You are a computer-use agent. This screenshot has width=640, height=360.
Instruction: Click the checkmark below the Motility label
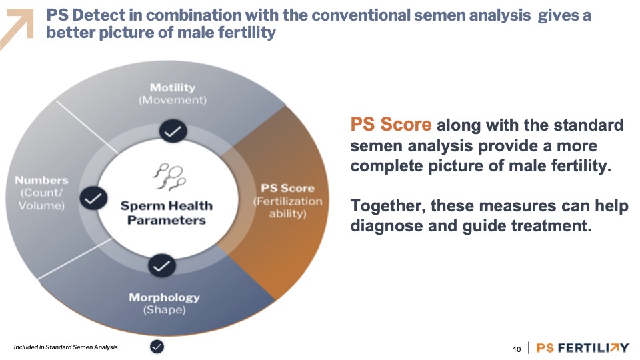[173, 131]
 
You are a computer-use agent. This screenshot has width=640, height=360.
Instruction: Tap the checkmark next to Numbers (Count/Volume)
[93, 199]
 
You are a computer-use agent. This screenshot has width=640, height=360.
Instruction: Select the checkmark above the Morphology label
[162, 266]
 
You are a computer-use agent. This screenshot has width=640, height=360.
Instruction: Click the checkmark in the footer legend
[157, 347]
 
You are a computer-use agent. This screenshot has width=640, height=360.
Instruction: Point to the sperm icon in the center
[169, 177]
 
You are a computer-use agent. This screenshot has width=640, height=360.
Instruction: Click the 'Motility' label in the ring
[173, 87]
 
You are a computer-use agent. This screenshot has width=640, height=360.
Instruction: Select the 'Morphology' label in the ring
[165, 297]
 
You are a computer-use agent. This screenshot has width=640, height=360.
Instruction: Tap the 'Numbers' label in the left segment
[41, 180]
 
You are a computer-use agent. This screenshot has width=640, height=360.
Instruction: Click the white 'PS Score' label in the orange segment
[288, 188]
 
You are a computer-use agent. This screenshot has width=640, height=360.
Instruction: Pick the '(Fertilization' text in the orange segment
[288, 201]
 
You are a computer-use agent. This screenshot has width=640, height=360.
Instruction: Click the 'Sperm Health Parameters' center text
[167, 213]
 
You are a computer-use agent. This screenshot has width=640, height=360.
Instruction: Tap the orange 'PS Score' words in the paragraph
[391, 125]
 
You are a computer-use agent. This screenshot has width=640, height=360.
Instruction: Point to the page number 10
[517, 349]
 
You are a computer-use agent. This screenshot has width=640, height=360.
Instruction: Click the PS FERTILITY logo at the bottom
[583, 348]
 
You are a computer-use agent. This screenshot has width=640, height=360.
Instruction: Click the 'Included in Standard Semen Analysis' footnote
[66, 347]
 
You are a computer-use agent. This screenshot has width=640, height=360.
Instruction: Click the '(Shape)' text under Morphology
[165, 310]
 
